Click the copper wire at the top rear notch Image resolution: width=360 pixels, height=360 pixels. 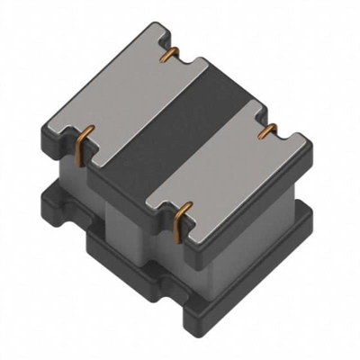point(166,57)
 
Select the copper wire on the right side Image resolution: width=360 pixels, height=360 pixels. point(264,133)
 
